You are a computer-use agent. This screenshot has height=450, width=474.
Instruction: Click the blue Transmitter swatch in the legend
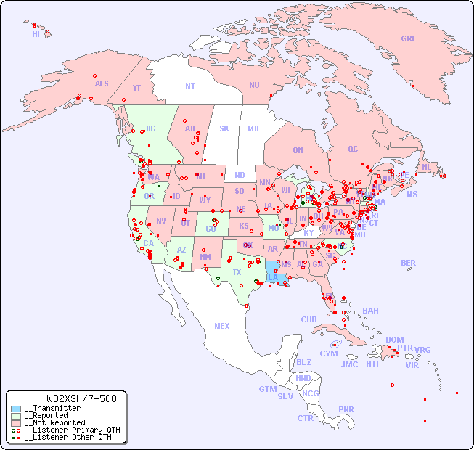(x=16, y=409)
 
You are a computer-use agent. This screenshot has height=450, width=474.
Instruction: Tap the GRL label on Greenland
(x=409, y=39)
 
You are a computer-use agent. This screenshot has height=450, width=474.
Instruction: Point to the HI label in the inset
(x=36, y=34)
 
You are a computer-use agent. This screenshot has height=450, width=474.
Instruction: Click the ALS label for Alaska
(x=102, y=83)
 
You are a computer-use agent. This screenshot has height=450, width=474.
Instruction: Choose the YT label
(x=136, y=88)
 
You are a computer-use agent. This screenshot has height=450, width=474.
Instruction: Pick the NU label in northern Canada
(x=254, y=85)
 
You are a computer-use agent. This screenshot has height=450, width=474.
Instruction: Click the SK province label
(x=224, y=128)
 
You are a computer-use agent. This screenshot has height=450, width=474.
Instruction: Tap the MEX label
(x=222, y=326)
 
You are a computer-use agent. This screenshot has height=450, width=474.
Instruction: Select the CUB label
(x=308, y=319)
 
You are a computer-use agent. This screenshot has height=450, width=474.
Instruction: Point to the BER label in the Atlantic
(x=409, y=263)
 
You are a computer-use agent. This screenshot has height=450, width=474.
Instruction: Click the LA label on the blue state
(x=273, y=277)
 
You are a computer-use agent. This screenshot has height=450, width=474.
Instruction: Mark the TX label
(x=237, y=272)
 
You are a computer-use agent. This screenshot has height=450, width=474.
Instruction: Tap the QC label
(x=353, y=149)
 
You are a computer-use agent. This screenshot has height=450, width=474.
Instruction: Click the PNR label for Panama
(x=346, y=409)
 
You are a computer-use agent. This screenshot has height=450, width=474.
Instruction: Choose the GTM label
(x=267, y=389)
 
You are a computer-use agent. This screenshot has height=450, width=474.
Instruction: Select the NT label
(x=190, y=86)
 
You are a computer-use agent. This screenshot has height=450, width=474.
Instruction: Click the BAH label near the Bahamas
(x=370, y=311)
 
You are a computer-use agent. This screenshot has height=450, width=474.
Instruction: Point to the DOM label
(x=394, y=340)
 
